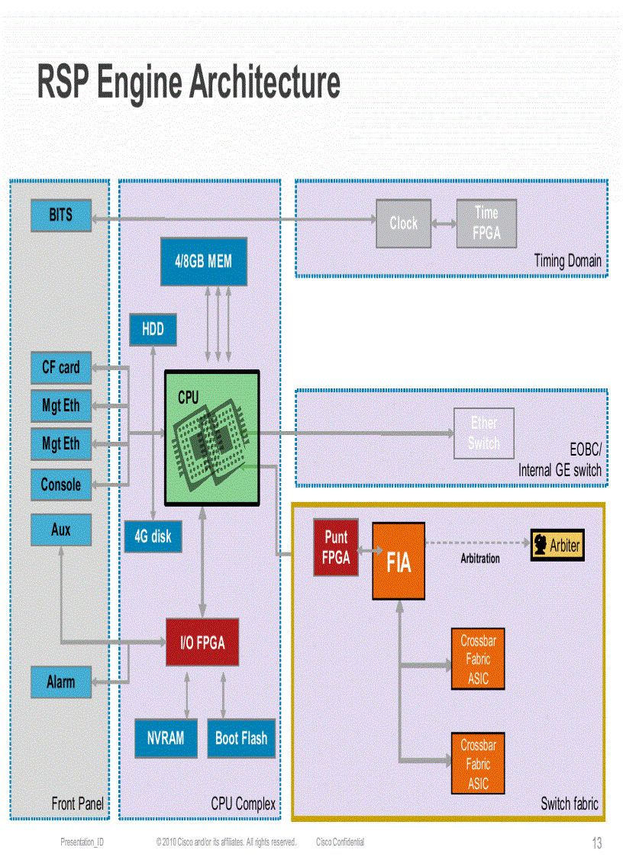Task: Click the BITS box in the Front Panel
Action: pos(61,215)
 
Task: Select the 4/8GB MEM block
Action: pos(203,262)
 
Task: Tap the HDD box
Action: pos(153,330)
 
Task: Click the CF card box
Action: pos(61,368)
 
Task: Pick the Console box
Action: pos(61,485)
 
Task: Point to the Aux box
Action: pos(61,530)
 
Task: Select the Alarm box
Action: pos(61,682)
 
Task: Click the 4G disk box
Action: pos(153,536)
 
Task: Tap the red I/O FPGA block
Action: pos(202,643)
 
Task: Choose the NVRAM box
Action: pos(166,738)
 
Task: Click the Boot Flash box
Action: pos(241,738)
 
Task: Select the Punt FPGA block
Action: pos(336,547)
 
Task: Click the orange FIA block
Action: pos(399,561)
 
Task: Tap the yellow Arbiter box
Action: pos(557,546)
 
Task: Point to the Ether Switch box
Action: pos(484,433)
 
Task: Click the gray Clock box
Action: pos(403,224)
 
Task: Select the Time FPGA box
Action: pos(486,224)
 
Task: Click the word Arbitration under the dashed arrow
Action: pos(480,559)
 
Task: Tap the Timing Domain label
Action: pos(567,261)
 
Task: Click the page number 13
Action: pos(597,843)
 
